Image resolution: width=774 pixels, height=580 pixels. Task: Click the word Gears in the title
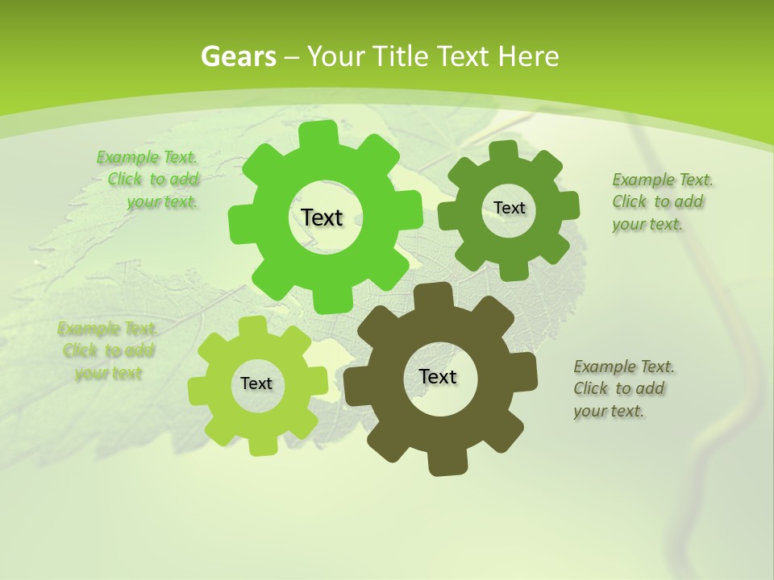(238, 56)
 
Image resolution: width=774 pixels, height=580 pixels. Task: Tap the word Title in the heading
(401, 56)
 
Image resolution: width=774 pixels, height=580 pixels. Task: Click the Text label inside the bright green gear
(322, 217)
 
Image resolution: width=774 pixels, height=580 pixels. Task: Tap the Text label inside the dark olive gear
(438, 377)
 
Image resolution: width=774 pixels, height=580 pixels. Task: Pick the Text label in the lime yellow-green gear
(256, 384)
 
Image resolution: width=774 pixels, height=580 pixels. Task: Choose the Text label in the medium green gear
(510, 208)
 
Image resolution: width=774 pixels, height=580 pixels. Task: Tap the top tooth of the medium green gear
(503, 151)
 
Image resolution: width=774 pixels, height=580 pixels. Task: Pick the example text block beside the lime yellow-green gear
(108, 350)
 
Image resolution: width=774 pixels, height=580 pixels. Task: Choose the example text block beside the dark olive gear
(623, 388)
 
